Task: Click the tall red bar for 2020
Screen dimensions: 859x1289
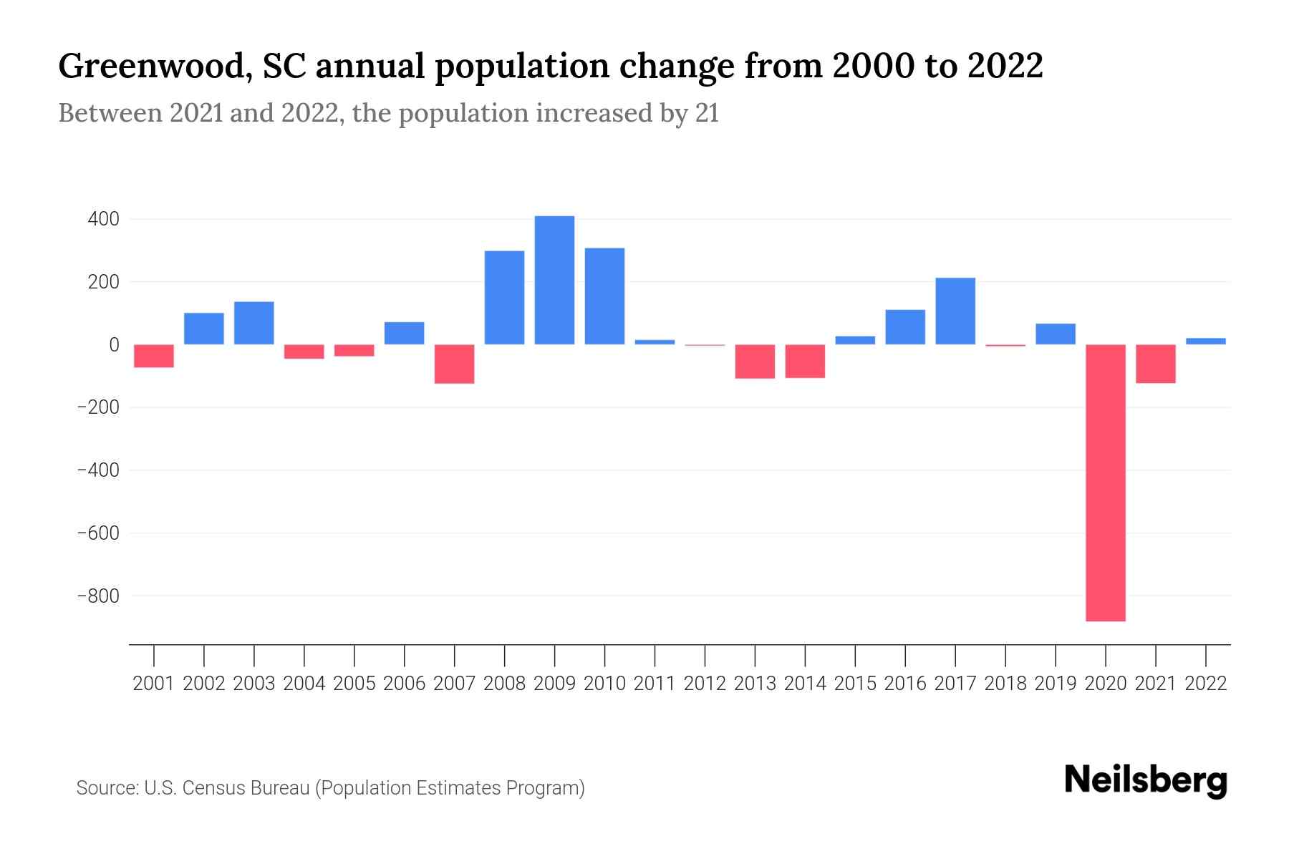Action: pyautogui.click(x=1105, y=483)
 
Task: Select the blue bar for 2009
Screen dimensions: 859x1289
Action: pyautogui.click(x=554, y=280)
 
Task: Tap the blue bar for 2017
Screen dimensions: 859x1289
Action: pyautogui.click(x=955, y=311)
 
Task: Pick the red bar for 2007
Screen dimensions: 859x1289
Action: pyautogui.click(x=454, y=364)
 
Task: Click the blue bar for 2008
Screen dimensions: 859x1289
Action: pyautogui.click(x=504, y=298)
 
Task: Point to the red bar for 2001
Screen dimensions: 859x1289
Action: pyautogui.click(x=154, y=356)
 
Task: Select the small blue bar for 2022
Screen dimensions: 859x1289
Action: pyautogui.click(x=1205, y=341)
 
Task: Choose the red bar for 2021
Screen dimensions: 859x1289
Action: pyautogui.click(x=1155, y=364)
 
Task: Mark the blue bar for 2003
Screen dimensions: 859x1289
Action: pyautogui.click(x=254, y=323)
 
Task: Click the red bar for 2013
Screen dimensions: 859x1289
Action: pyautogui.click(x=755, y=361)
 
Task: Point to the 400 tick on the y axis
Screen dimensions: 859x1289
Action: pyautogui.click(x=103, y=219)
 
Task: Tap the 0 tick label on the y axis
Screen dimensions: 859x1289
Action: pyautogui.click(x=114, y=345)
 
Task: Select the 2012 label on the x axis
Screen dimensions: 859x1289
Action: pyautogui.click(x=705, y=684)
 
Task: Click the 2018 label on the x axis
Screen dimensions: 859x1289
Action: pyautogui.click(x=1005, y=684)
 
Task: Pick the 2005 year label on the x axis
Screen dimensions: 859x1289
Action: pyautogui.click(x=354, y=684)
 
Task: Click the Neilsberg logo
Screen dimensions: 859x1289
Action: pyautogui.click(x=1145, y=780)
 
